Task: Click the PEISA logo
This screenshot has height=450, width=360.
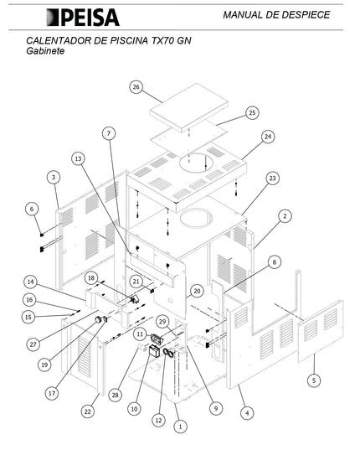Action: pyautogui.click(x=83, y=18)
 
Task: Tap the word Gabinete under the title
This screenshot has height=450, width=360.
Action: pyautogui.click(x=45, y=51)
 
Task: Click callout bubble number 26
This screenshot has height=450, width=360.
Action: pyautogui.click(x=136, y=87)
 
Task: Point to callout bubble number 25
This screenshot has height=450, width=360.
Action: pyautogui.click(x=252, y=113)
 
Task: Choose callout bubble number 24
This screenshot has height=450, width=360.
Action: pyautogui.click(x=268, y=137)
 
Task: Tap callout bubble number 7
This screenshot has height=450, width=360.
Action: pyautogui.click(x=109, y=133)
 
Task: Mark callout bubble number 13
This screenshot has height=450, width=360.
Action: pyautogui.click(x=78, y=158)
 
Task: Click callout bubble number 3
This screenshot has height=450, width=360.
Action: pyautogui.click(x=54, y=178)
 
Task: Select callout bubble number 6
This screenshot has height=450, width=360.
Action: pyautogui.click(x=32, y=209)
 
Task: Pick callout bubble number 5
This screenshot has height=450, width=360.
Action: pyautogui.click(x=314, y=380)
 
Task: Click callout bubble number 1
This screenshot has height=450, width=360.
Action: pyautogui.click(x=180, y=427)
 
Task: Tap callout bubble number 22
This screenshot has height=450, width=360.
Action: pyautogui.click(x=87, y=411)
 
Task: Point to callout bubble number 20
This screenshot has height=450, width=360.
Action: pyautogui.click(x=197, y=292)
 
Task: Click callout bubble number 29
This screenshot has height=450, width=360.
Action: pyautogui.click(x=162, y=322)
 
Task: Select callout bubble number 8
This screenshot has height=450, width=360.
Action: pyautogui.click(x=275, y=262)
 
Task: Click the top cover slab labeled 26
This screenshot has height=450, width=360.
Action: pyautogui.click(x=189, y=107)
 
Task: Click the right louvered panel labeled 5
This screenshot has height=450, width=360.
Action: pyautogui.click(x=321, y=331)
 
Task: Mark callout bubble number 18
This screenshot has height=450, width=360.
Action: pyautogui.click(x=91, y=278)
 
